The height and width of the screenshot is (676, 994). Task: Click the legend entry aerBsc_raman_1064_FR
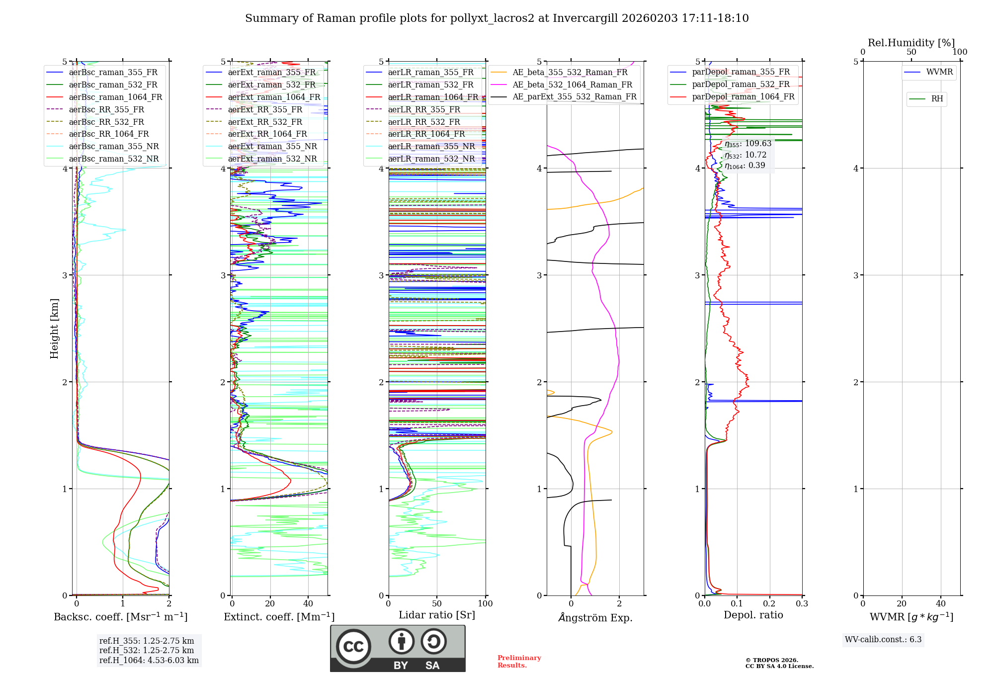[x=115, y=97]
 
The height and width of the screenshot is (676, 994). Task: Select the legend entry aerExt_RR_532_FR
[x=265, y=122]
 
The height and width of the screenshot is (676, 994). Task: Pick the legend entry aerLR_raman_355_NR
[x=431, y=146]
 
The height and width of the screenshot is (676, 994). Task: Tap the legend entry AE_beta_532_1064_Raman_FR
[x=572, y=84]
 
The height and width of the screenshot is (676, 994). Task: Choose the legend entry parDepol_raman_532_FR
[x=741, y=84]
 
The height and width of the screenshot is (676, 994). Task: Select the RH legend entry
[x=937, y=99]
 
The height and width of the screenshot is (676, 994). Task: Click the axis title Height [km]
[x=54, y=329]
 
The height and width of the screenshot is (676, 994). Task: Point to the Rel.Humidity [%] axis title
[x=911, y=43]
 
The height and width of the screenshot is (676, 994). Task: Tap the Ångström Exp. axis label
[x=595, y=618]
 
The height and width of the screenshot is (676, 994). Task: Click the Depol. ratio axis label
[x=753, y=615]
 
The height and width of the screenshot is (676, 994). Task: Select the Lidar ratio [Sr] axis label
[x=437, y=615]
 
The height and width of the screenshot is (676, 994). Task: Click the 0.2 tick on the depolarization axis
[x=769, y=603]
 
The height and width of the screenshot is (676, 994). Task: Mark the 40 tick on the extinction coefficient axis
[x=308, y=603]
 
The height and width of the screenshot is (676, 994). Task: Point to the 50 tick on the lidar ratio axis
[x=437, y=603]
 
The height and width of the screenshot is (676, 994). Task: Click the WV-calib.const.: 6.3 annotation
[x=883, y=639]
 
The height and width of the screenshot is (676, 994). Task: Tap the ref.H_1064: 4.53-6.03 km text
[x=149, y=660]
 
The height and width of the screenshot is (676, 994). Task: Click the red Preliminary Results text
[x=519, y=661]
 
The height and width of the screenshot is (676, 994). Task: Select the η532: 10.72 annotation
[x=745, y=155]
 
